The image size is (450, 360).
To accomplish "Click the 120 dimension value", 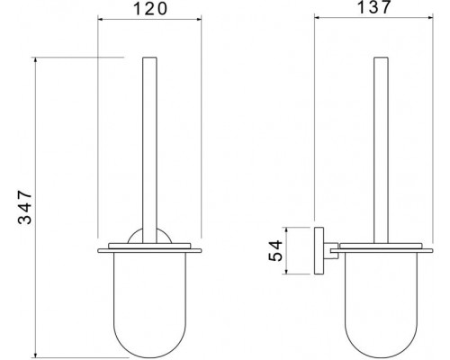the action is point(149,9).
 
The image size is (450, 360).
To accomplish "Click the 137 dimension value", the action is point(373,6).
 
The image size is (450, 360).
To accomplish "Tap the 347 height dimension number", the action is point(25,207).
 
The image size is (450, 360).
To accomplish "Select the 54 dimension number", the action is point(275,250).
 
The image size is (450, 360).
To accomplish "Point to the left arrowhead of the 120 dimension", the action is point(101,20).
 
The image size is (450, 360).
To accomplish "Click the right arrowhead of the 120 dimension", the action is point(199,20).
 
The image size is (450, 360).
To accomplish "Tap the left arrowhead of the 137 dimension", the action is point(317,18).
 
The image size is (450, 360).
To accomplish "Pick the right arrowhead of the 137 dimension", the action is point(430,18).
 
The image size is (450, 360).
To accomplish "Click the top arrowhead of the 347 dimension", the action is point(36,60).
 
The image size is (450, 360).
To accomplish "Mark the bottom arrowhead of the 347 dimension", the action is point(36,355).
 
